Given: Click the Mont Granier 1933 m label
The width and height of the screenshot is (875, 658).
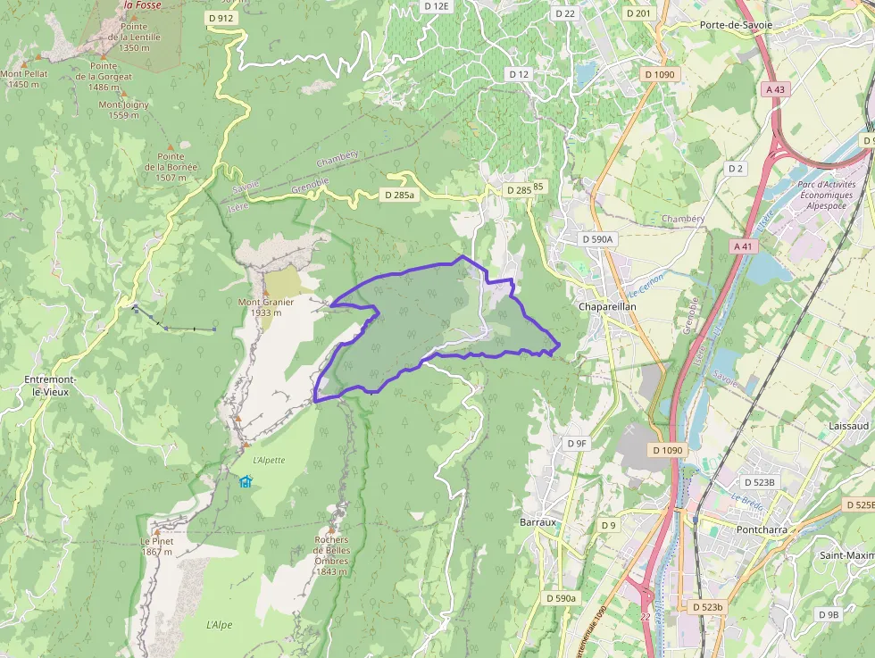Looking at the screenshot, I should [265, 307].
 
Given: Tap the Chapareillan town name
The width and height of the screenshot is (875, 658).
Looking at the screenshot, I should [606, 306].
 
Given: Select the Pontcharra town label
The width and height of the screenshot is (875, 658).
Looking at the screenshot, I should [736, 529].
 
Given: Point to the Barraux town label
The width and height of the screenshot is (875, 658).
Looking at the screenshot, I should [537, 521].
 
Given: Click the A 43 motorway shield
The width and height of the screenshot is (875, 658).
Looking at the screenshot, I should [775, 89].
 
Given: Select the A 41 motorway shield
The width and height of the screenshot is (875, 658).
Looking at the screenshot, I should [742, 246].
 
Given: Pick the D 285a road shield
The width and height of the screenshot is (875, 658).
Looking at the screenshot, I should [398, 194].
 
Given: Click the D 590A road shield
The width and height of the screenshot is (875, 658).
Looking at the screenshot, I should [597, 239].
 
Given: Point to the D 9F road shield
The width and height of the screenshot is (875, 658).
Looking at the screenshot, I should [577, 443].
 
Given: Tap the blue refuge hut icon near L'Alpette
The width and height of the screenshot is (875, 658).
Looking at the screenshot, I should [246, 481].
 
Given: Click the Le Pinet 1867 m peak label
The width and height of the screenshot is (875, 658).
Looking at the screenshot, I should [155, 546].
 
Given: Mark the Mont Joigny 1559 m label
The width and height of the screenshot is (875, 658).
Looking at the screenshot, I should [124, 110].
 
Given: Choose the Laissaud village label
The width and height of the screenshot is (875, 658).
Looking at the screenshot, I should [848, 427].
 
